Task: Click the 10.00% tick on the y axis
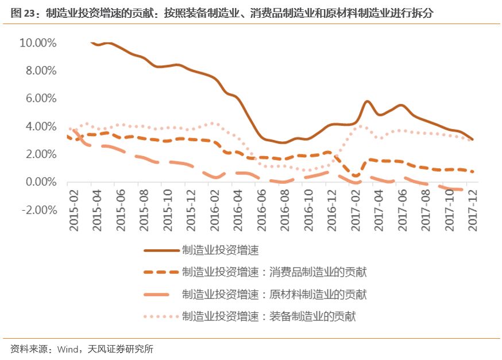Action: click(37, 43)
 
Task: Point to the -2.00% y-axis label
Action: click(37, 210)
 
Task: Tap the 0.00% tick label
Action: click(40, 182)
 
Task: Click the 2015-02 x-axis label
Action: click(74, 212)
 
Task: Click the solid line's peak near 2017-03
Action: click(368, 102)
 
